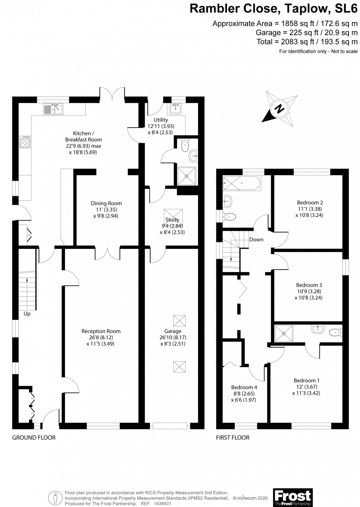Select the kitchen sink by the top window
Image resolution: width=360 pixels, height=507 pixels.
[x=53, y=109]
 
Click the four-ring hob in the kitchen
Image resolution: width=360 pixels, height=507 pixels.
[x=25, y=142]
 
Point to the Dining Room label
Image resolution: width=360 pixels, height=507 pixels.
[x=106, y=203]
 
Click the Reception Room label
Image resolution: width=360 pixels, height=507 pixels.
[x=101, y=331]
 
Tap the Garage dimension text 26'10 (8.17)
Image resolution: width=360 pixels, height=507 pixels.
[x=173, y=337]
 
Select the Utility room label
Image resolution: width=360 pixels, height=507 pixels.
[x=161, y=120]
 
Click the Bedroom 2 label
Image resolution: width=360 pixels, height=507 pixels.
[x=310, y=202]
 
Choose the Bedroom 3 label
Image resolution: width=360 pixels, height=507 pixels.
[x=309, y=285]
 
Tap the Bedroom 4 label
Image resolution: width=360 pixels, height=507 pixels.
[x=244, y=387]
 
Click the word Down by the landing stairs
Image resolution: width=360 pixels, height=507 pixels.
[x=256, y=239]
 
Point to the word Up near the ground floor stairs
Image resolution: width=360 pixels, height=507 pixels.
[x=27, y=314]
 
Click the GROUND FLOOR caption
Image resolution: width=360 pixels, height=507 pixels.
[x=34, y=437]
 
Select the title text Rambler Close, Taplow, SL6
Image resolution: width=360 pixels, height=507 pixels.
[x=273, y=8]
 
